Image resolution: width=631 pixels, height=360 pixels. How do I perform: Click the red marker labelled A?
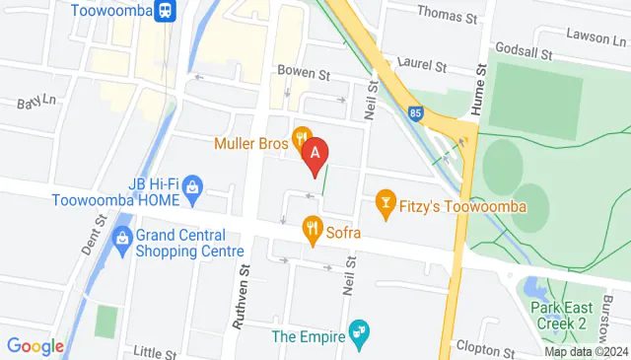(x=315, y=154)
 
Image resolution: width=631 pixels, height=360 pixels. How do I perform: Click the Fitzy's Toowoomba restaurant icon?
(x=386, y=205)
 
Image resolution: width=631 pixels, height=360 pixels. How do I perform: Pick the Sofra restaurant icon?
(x=313, y=232)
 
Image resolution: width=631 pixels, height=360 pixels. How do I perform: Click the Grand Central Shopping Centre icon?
(x=122, y=238)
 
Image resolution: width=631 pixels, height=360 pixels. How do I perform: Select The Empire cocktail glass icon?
(x=361, y=334)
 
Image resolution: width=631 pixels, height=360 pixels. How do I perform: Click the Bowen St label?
(x=303, y=71)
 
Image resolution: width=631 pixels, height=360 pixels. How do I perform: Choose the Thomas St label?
(x=447, y=13)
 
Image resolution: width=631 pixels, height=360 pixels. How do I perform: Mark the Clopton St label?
(x=486, y=349)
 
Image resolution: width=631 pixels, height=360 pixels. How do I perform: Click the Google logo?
(x=35, y=346)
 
